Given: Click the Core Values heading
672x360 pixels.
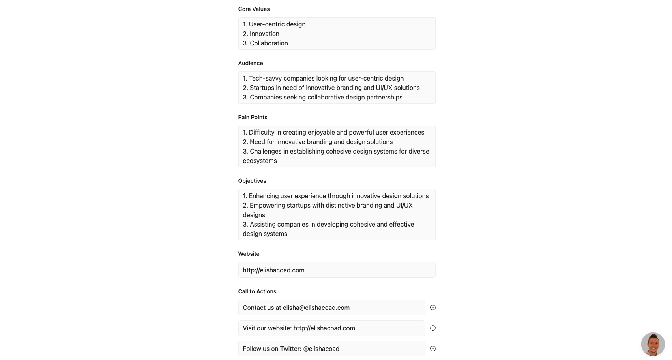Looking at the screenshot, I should [x=254, y=9].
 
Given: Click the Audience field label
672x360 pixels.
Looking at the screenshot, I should [x=251, y=63].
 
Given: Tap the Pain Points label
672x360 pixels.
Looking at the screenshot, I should [x=253, y=117].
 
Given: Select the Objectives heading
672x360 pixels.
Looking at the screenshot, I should [x=252, y=181].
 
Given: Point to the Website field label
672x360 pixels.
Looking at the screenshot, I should [x=249, y=254].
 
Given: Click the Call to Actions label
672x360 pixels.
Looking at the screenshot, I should [x=257, y=291].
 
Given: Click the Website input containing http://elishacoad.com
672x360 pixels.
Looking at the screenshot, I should [x=337, y=270].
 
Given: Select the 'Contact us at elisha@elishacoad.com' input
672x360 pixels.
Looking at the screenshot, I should [x=331, y=307].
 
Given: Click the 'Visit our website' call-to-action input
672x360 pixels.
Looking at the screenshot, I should [x=331, y=328].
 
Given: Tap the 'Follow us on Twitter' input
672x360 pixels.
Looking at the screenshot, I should [x=331, y=349].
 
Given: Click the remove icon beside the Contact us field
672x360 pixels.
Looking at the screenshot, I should [x=433, y=307].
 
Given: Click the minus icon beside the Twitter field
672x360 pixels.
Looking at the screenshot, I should [x=433, y=349].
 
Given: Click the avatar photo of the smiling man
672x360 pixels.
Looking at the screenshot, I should [x=653, y=344].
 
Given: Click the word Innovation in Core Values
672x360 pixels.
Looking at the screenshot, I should [x=264, y=34].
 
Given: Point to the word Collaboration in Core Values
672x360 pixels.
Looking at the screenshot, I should [x=269, y=43].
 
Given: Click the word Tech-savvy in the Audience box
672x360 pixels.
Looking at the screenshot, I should [x=265, y=79].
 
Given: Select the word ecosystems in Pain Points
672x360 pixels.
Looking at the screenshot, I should [x=260, y=161].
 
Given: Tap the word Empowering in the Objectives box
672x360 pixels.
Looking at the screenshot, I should [x=267, y=206].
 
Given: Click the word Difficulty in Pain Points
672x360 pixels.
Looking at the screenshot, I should [x=262, y=133].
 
